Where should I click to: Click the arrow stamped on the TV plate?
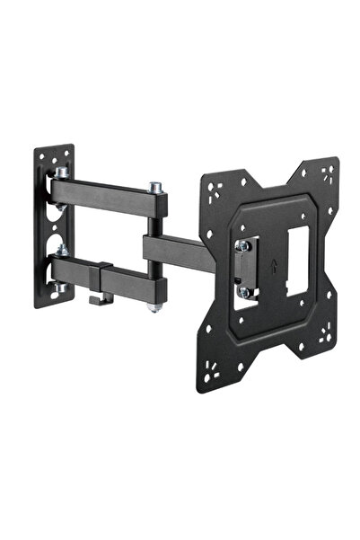[x=272, y=269]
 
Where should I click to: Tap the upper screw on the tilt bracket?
[x=241, y=244]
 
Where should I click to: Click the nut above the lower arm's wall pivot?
[x=63, y=249]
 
